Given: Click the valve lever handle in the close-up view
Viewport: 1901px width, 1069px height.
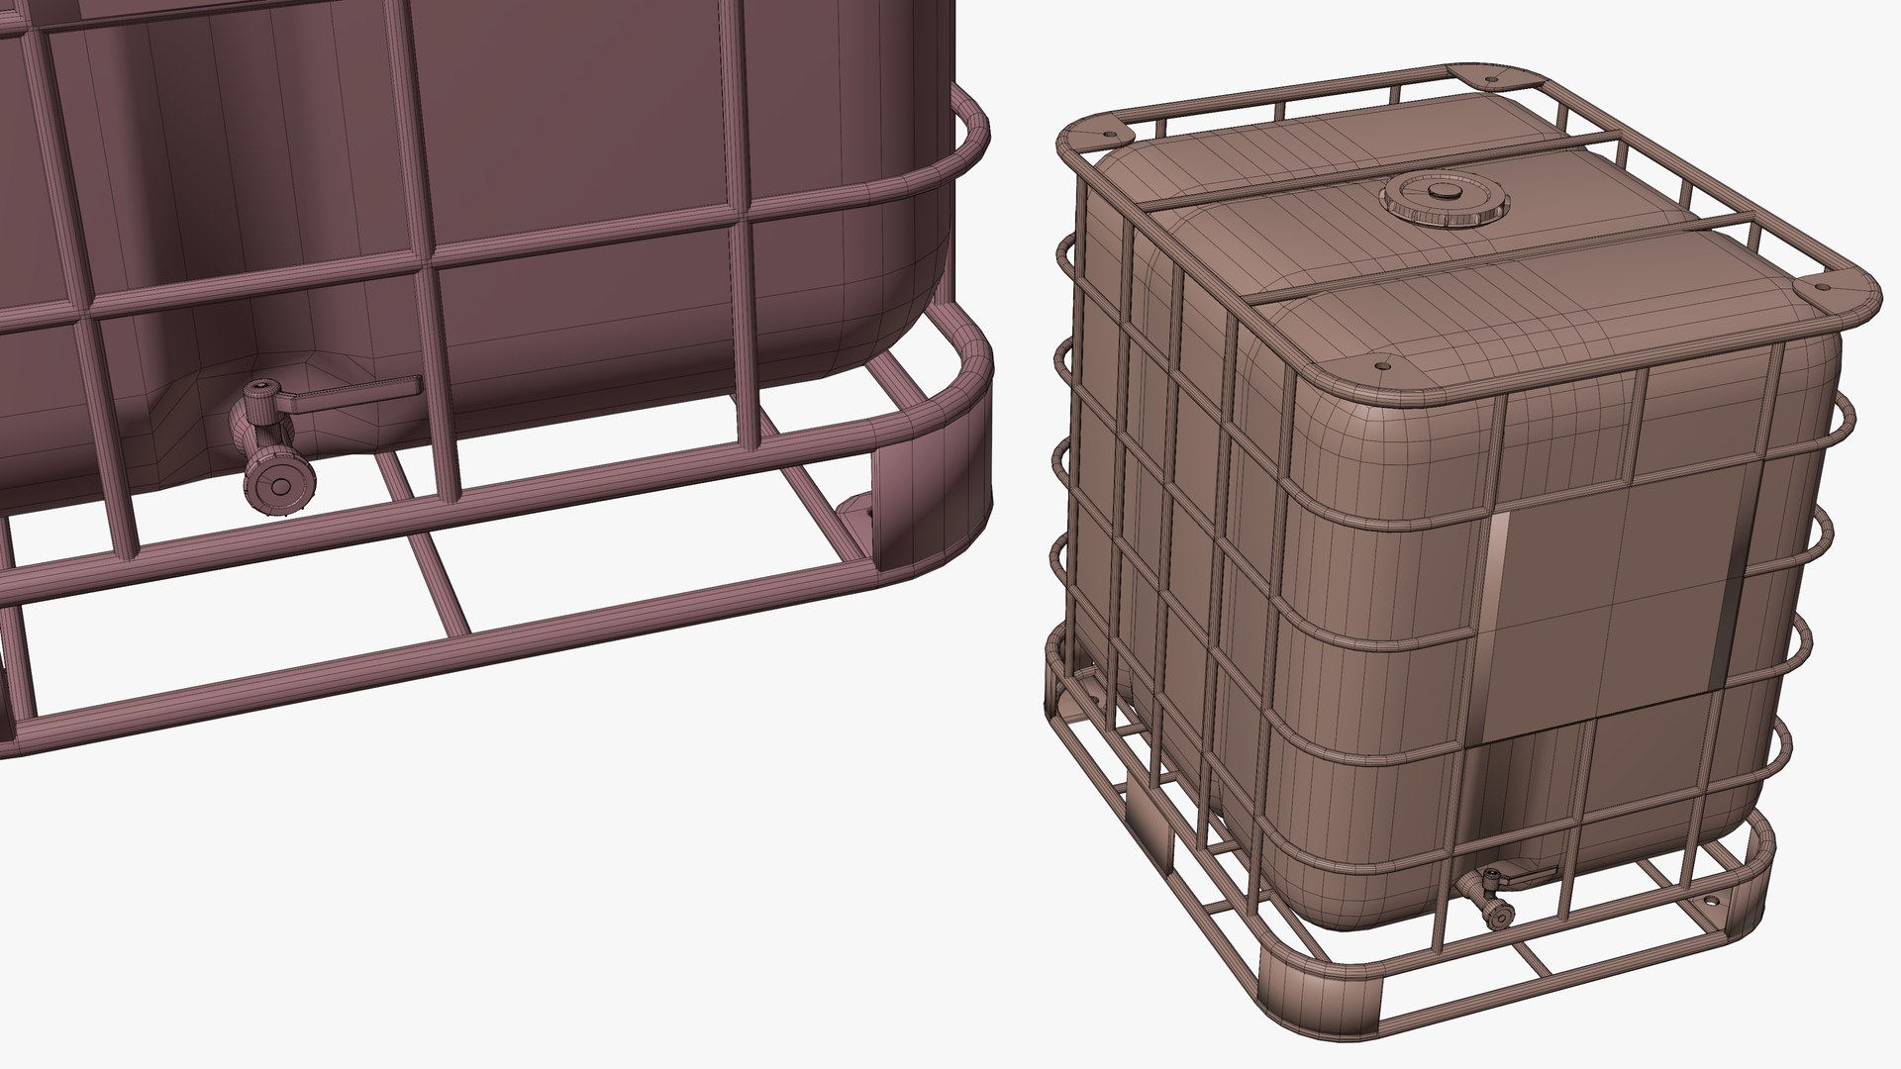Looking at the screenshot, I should tap(356, 393).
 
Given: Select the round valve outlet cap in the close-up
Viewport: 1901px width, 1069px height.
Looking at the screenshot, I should tap(281, 486).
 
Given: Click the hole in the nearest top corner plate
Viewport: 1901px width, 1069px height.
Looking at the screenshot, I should tap(1377, 366).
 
